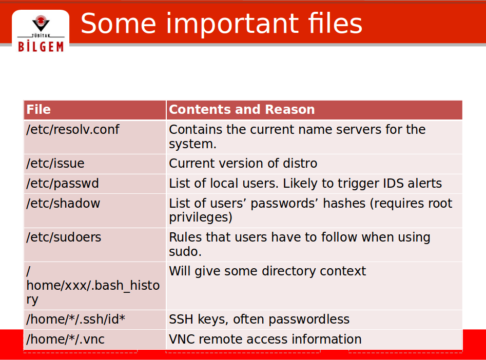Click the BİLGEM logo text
pos(41,47)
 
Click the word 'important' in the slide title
pos(232,24)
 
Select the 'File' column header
pos(38,109)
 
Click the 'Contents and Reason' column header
pos(242,109)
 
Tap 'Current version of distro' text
pos(243,163)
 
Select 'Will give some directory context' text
pos(267,271)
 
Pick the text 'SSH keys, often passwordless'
pos(259,319)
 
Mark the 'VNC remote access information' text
pos(265,339)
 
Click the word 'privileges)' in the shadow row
pos(201,217)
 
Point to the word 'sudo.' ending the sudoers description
pos(185,252)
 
